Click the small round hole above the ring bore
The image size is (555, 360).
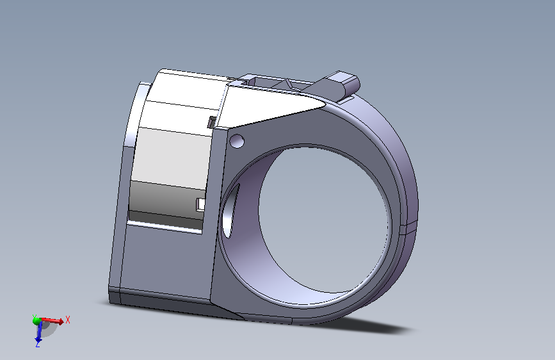click(x=237, y=141)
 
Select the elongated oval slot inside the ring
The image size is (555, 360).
click(x=230, y=211)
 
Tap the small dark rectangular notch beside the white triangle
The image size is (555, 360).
click(x=212, y=122)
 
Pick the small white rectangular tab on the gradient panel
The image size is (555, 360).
click(x=200, y=205)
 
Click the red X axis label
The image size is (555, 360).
click(x=68, y=320)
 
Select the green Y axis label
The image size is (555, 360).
click(x=35, y=316)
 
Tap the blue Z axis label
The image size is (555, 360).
click(x=38, y=344)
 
